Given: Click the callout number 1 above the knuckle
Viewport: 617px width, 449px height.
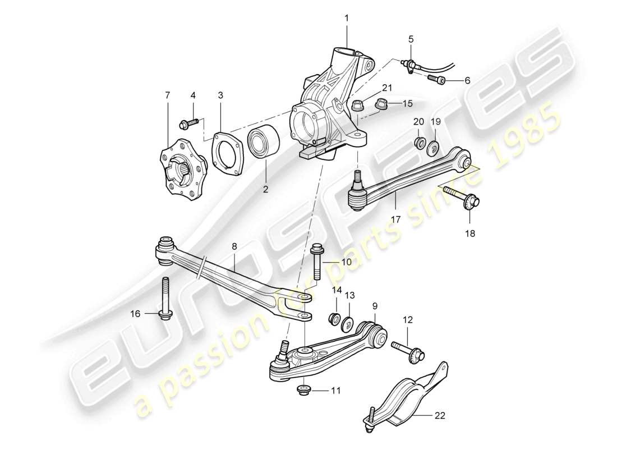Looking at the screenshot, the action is pos(346,17).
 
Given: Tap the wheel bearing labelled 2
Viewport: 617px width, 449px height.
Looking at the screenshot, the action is pos(265,144).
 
